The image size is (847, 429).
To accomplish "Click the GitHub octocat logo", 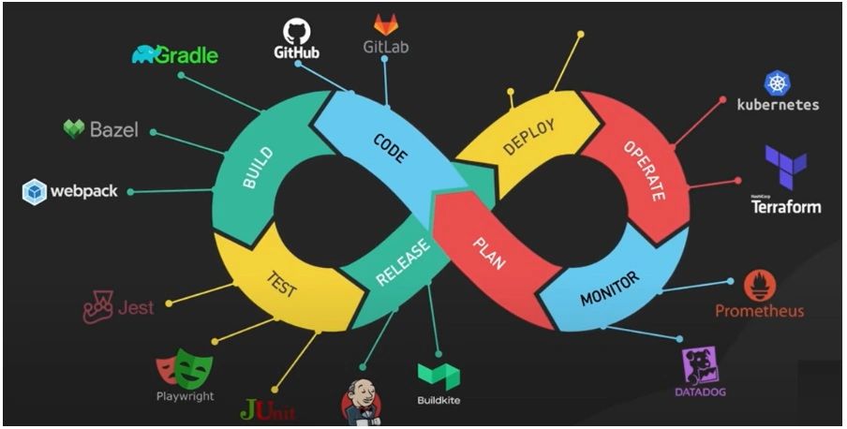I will pyautogui.click(x=296, y=27).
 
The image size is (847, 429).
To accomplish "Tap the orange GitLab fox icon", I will pyautogui.click(x=385, y=24).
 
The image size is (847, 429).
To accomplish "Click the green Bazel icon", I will pyautogui.click(x=74, y=128).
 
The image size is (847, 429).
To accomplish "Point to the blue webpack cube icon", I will pyautogui.click(x=35, y=191).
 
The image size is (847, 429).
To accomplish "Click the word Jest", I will pyautogui.click(x=136, y=306).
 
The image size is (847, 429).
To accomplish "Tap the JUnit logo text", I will pyautogui.click(x=268, y=409).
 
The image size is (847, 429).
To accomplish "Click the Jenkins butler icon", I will pyautogui.click(x=361, y=404).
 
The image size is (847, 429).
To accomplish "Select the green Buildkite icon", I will pyautogui.click(x=438, y=377).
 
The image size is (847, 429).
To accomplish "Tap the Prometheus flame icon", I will pyautogui.click(x=760, y=287).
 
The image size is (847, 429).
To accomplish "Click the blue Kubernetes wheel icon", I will pyautogui.click(x=778, y=83).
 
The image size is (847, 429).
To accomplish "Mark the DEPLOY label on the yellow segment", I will pyautogui.click(x=529, y=137).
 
